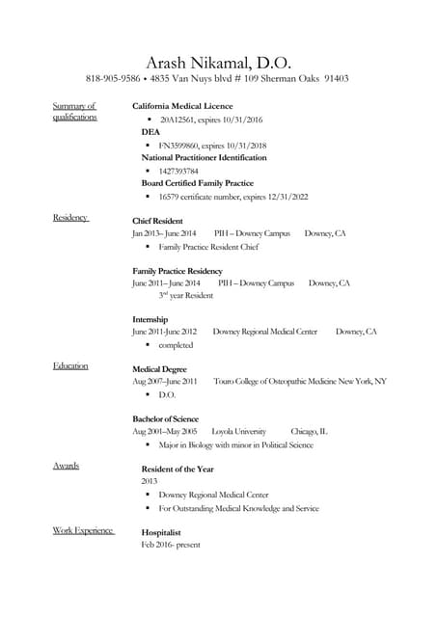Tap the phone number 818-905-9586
point(113,79)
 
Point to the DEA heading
point(150,132)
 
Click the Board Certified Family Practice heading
point(197,183)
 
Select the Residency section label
point(70,218)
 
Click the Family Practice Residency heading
point(178,271)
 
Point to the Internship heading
point(150,319)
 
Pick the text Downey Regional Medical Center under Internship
point(264,332)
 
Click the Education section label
point(70,366)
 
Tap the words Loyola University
point(238,432)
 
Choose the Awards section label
point(66,467)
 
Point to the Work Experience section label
point(84,530)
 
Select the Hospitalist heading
point(161,532)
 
